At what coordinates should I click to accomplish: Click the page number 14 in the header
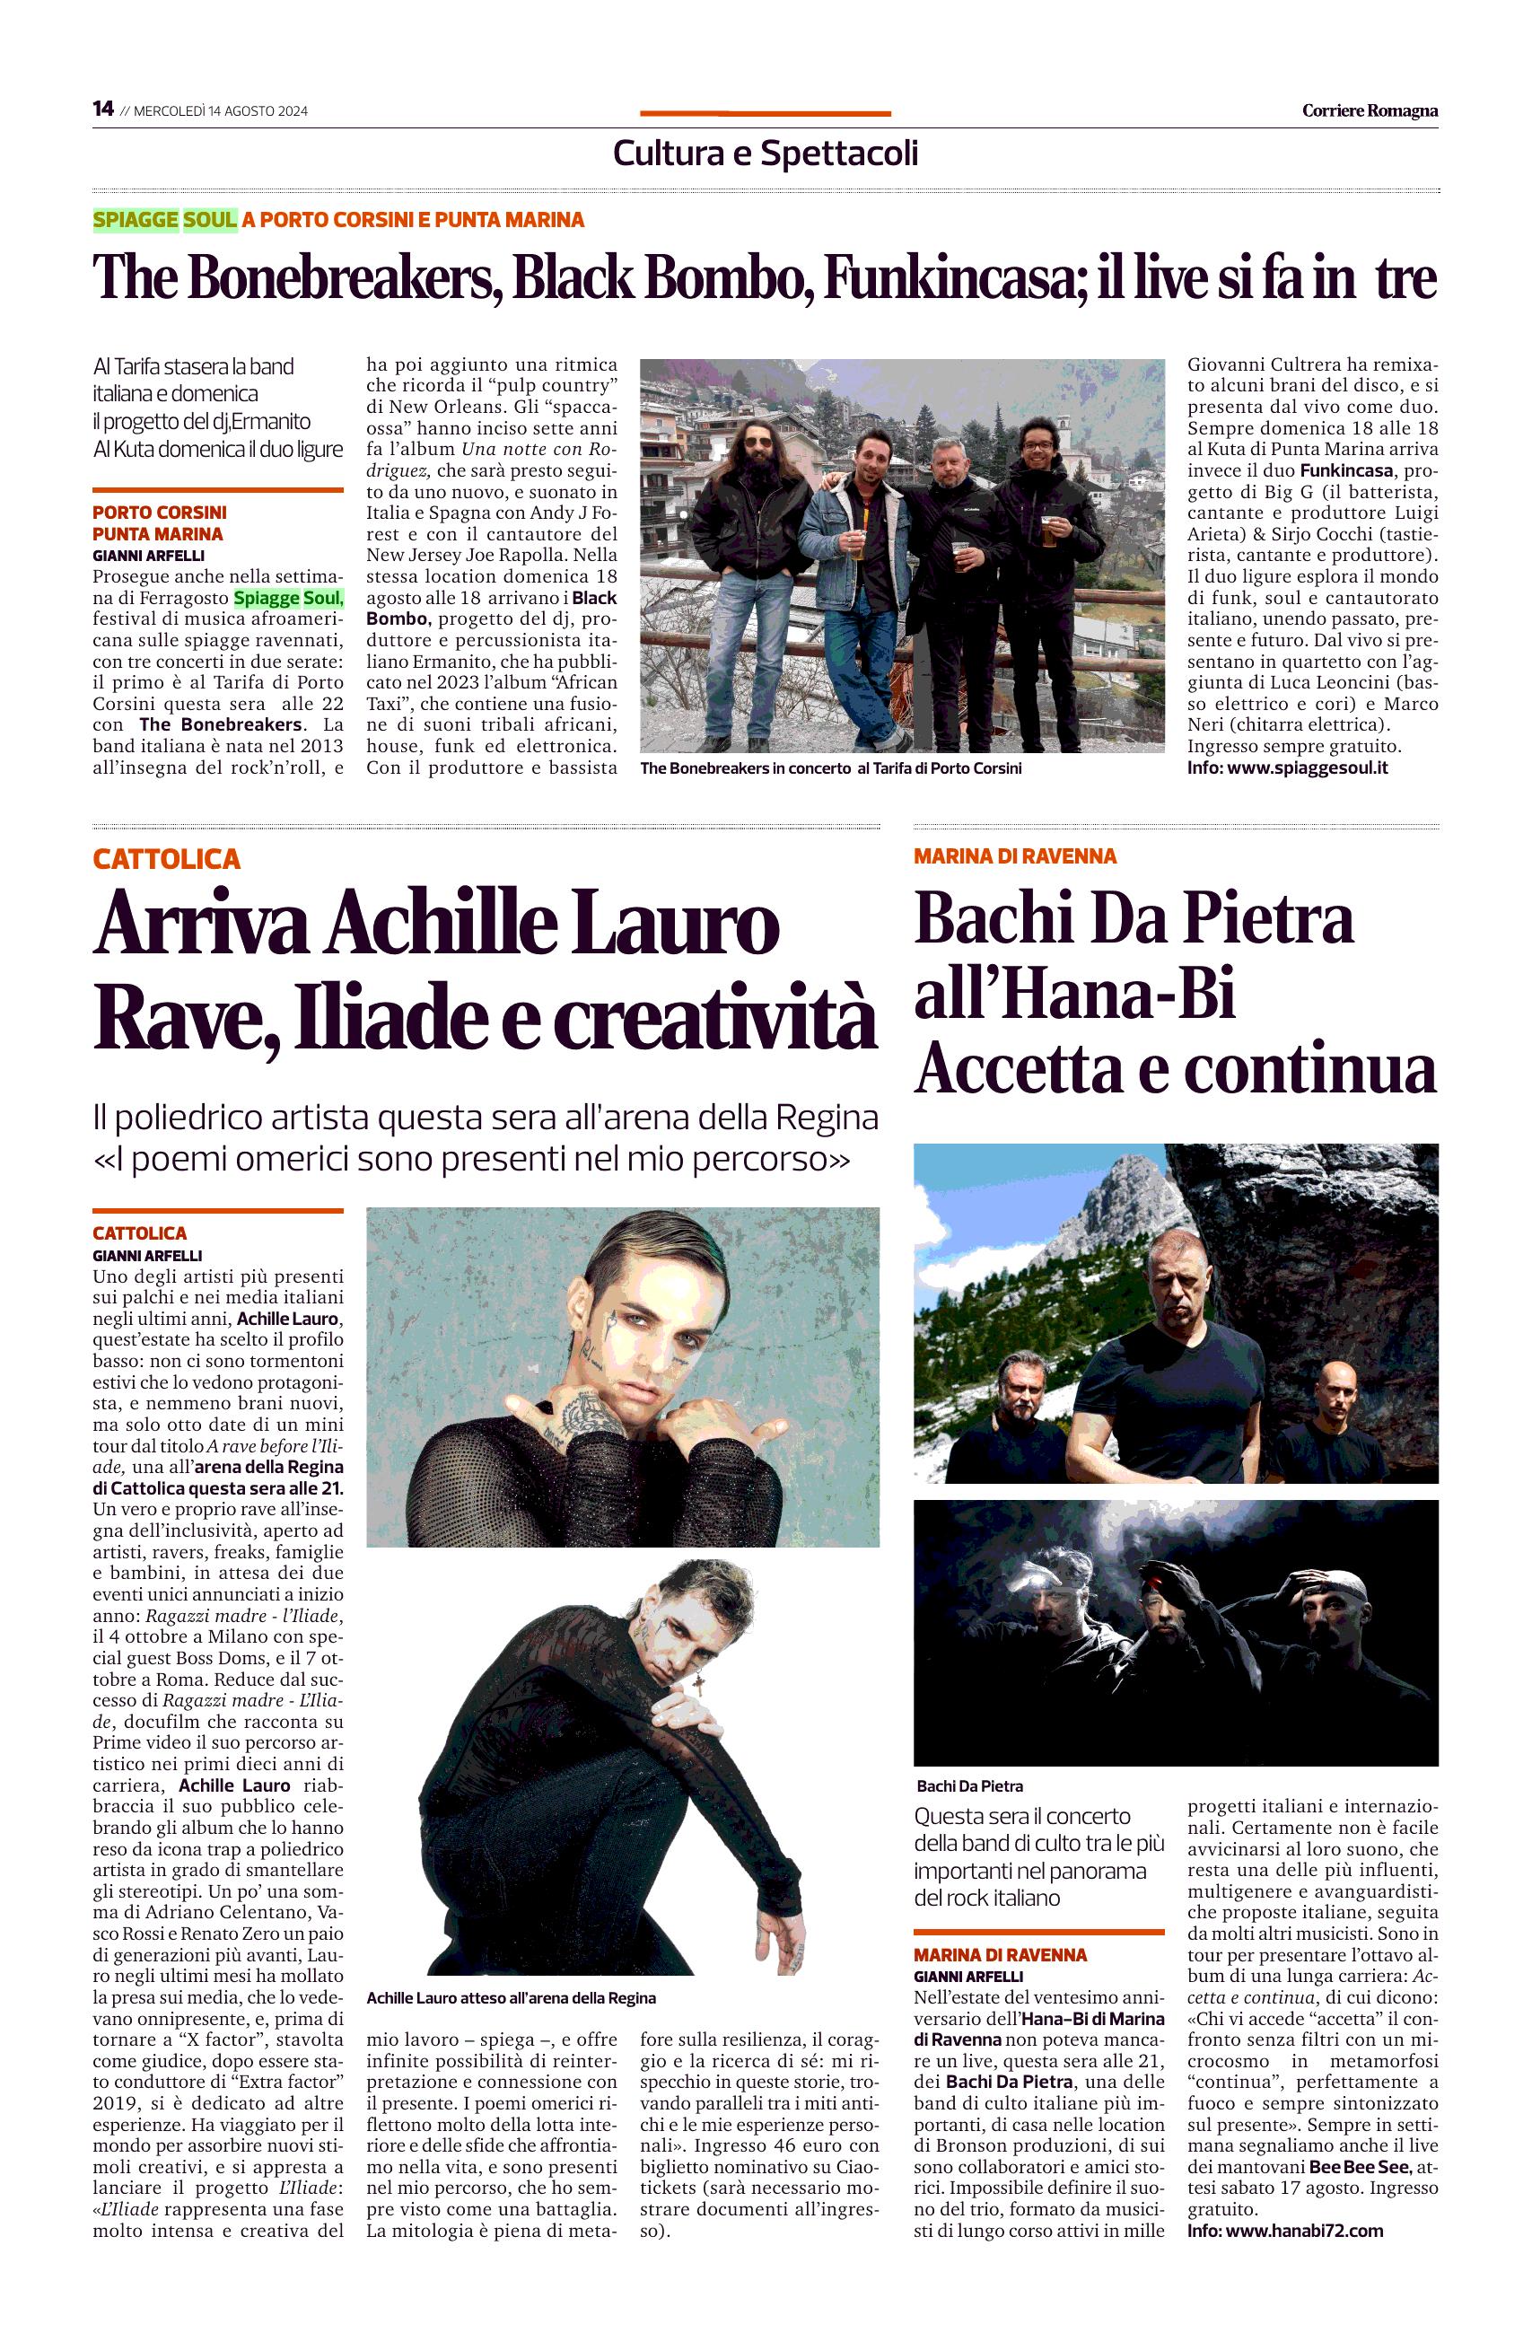click(103, 109)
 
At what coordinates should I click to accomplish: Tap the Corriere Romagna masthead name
click(1370, 110)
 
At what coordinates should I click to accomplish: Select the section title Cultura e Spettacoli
click(765, 153)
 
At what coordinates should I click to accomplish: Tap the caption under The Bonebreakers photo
click(830, 768)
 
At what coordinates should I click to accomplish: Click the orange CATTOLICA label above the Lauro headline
click(167, 860)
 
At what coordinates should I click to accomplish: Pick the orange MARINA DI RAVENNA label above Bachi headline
click(1014, 855)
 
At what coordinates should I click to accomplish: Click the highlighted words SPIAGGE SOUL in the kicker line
click(164, 220)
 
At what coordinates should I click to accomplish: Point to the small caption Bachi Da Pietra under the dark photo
click(969, 1786)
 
